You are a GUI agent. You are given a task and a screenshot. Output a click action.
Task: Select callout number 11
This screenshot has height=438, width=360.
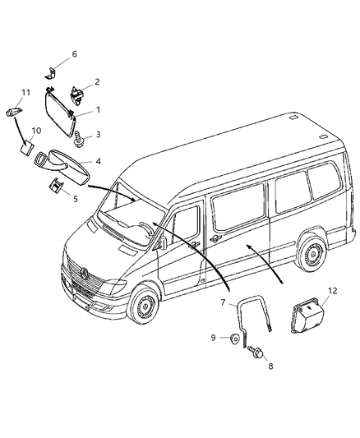click(x=25, y=91)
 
